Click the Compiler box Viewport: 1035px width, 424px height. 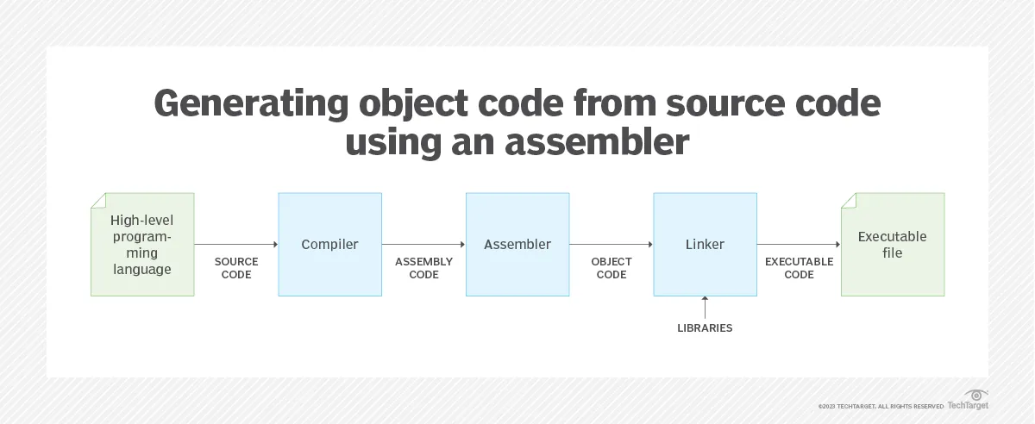329,245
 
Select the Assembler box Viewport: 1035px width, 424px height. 517,245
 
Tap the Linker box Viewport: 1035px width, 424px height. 705,245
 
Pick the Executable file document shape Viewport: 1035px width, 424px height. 893,245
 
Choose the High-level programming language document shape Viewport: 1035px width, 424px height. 141,245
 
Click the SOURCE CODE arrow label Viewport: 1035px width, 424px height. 236,268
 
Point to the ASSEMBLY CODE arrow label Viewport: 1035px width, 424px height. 423,268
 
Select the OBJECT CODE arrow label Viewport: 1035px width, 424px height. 612,268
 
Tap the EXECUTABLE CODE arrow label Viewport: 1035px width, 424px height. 799,268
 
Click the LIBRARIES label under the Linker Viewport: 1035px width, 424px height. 705,328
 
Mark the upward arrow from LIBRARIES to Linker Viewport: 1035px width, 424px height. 705,308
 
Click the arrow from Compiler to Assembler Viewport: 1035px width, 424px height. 423,245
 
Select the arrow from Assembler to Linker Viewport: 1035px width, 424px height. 612,245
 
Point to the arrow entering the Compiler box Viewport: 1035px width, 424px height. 236,245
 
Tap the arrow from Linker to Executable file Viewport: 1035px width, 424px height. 799,245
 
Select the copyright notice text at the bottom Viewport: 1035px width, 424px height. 881,406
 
